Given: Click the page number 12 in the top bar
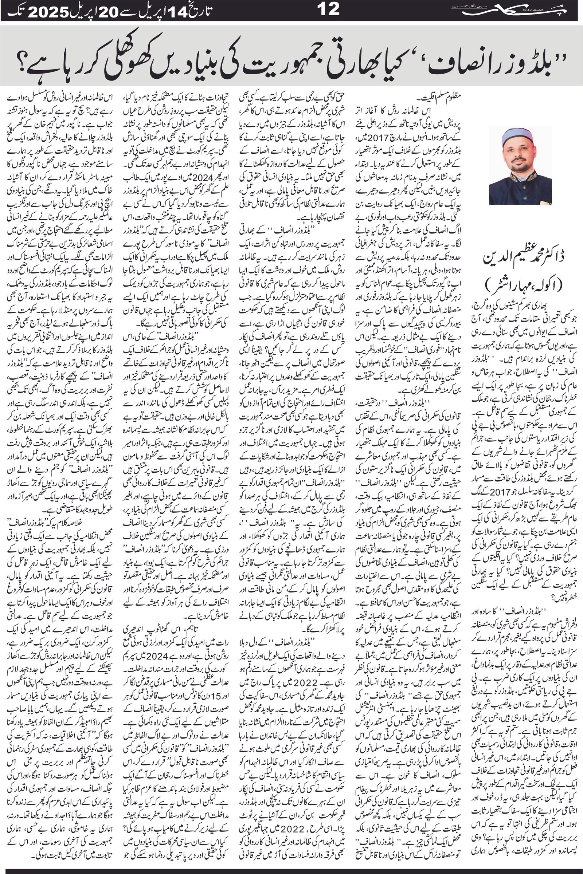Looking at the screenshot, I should pos(329,9).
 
